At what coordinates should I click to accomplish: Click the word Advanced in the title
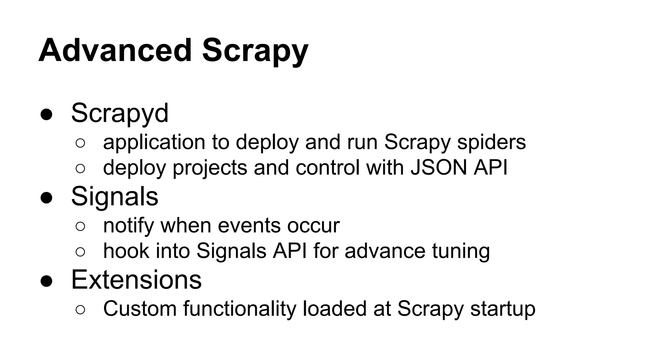point(115,50)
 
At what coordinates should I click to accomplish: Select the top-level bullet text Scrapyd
point(120,113)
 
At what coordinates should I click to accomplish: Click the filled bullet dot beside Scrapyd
point(46,115)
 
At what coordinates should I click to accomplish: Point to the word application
point(154,142)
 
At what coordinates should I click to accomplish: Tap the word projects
point(210,168)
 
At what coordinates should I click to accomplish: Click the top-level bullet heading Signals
point(115,197)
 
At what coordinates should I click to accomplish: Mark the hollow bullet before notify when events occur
point(80,226)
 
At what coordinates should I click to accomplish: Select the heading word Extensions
point(136,279)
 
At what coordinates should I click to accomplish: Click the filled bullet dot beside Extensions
point(46,281)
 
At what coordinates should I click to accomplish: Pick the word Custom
point(140,308)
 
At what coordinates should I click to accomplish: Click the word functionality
point(239,309)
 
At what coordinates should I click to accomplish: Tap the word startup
point(503,309)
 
